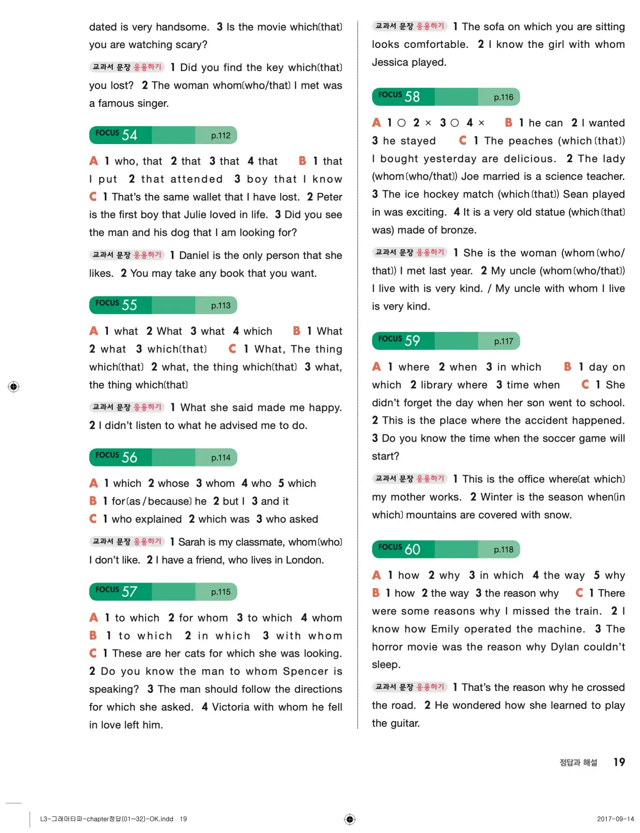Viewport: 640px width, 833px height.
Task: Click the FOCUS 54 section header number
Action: [x=129, y=135]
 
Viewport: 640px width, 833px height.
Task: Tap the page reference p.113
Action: [x=221, y=305]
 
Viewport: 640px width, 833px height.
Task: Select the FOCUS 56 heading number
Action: [x=129, y=457]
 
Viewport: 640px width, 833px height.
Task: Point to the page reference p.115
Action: [x=221, y=592]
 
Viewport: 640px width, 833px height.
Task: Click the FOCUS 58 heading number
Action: [x=412, y=97]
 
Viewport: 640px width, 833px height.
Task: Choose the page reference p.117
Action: [x=503, y=341]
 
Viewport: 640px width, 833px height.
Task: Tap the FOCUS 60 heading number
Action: [x=412, y=549]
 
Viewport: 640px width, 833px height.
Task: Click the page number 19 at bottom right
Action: [x=619, y=762]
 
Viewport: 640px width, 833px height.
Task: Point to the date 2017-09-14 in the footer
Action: [x=615, y=819]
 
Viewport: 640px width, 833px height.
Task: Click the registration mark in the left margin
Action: [x=14, y=387]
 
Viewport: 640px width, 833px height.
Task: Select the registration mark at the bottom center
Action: [x=350, y=819]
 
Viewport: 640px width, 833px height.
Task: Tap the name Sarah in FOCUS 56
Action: [x=191, y=542]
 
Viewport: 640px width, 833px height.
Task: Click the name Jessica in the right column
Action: [x=390, y=62]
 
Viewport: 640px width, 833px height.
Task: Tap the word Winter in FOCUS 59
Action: [x=498, y=497]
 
